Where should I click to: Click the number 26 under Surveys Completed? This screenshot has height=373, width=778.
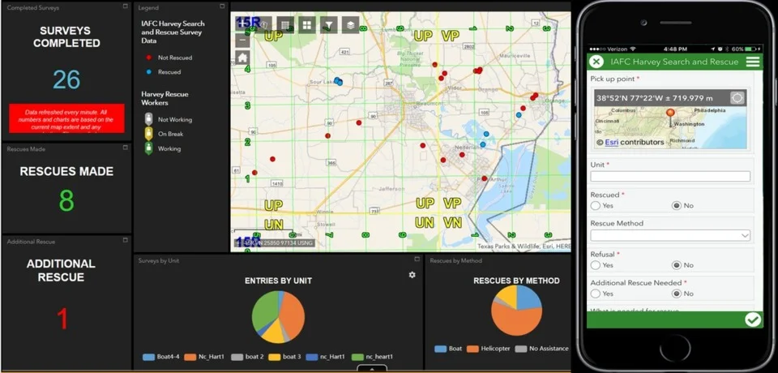pyautogui.click(x=66, y=79)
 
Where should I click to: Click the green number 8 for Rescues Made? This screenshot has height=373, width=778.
pyautogui.click(x=66, y=199)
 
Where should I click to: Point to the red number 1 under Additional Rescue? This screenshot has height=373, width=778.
pyautogui.click(x=63, y=318)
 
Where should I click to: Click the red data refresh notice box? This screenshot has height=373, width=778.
pyautogui.click(x=66, y=118)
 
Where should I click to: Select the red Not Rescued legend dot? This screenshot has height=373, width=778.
pyautogui.click(x=148, y=58)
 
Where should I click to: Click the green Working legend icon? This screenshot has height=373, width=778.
pyautogui.click(x=148, y=148)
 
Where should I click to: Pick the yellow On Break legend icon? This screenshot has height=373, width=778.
pyautogui.click(x=148, y=134)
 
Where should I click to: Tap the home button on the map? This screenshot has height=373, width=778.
pyautogui.click(x=242, y=58)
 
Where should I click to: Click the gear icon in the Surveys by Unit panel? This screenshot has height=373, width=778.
pyautogui.click(x=412, y=275)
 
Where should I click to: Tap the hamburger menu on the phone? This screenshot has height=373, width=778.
pyautogui.click(x=753, y=62)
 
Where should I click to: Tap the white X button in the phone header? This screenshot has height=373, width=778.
pyautogui.click(x=596, y=62)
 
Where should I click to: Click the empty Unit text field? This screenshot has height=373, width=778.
pyautogui.click(x=670, y=176)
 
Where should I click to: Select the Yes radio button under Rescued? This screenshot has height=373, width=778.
pyautogui.click(x=596, y=206)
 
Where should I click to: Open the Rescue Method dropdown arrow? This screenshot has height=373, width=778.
pyautogui.click(x=745, y=235)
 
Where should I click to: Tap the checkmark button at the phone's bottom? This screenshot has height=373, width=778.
pyautogui.click(x=753, y=319)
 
